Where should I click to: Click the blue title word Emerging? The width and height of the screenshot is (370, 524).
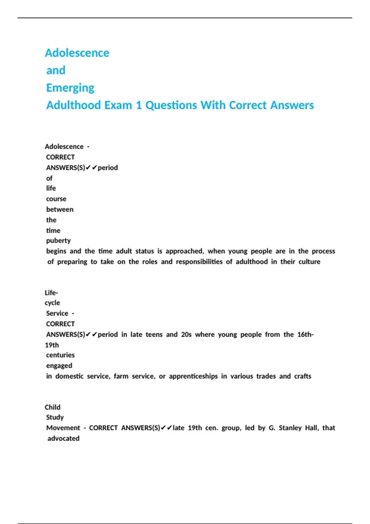[x=70, y=88]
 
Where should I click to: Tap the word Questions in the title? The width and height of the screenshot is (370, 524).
[x=171, y=105]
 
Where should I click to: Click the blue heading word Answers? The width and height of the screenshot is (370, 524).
[x=292, y=105]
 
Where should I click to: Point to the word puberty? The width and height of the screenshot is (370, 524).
[x=58, y=240]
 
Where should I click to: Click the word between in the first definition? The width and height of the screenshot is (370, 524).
[x=60, y=209]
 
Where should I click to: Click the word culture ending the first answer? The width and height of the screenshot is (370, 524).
[x=309, y=262]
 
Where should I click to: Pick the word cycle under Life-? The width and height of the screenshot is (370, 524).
[x=52, y=303]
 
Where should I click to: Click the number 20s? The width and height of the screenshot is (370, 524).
[x=186, y=334]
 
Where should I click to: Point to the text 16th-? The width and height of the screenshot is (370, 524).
[x=305, y=334]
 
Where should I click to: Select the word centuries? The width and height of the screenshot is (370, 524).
[x=60, y=355]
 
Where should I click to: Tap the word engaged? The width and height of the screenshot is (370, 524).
[x=59, y=366]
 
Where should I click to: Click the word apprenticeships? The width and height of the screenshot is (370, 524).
[x=193, y=376]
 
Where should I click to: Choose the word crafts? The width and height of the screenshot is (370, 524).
[x=302, y=376]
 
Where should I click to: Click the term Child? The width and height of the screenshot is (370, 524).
[x=52, y=407]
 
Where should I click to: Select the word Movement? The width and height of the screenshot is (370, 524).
[x=63, y=428]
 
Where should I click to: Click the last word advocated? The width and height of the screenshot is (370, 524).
[x=63, y=438]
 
